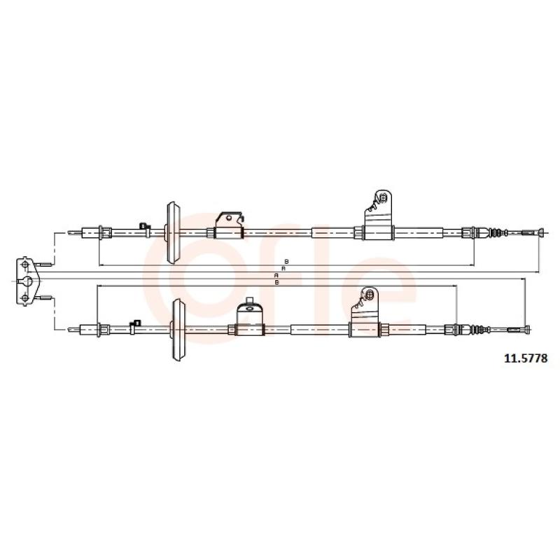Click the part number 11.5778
point(526,358)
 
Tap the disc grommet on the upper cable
point(173,233)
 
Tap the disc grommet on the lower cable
point(178,330)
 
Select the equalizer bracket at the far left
point(27,281)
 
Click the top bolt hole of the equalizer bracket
point(25,265)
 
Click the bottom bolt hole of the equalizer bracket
point(25,297)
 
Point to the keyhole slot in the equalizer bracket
point(26,281)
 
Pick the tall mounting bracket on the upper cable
point(378,214)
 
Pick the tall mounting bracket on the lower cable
point(365,311)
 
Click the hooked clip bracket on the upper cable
point(230,225)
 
